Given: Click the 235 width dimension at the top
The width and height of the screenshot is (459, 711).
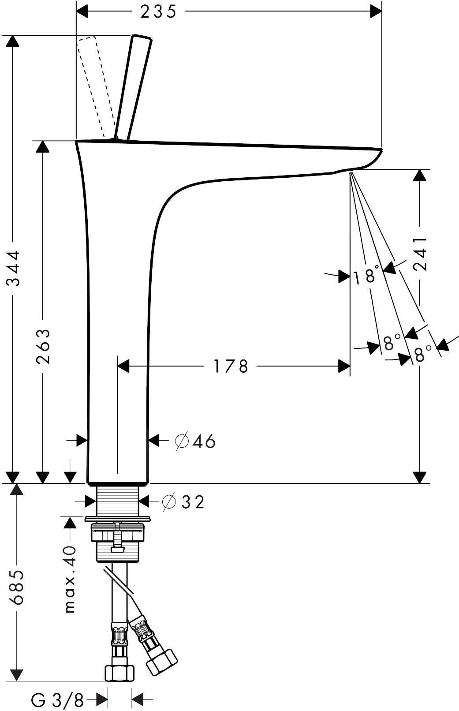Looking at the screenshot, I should coord(158,12).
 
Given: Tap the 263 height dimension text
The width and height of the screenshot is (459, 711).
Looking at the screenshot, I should coord(43,346).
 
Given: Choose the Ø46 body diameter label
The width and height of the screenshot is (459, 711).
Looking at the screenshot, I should coord(195,441).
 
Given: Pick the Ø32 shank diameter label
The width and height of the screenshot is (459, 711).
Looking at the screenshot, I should coord(183,502).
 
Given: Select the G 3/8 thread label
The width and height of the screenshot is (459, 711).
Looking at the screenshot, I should coord(57,700).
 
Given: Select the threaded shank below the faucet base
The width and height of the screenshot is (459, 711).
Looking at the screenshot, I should coord(118,500).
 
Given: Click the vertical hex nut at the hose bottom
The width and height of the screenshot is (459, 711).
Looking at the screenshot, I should coord(119,672).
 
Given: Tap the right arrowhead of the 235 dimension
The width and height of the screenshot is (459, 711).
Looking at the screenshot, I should coord(376,11).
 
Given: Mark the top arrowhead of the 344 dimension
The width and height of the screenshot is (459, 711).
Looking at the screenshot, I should coord(13,41).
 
